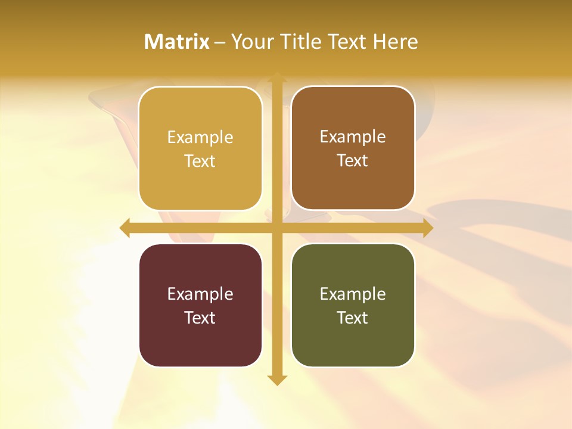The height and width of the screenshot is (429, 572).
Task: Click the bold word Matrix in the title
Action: (177, 42)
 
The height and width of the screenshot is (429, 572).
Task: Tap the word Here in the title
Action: (396, 42)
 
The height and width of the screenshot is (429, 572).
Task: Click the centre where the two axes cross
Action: (276, 228)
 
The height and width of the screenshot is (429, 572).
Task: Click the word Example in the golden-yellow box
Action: (200, 138)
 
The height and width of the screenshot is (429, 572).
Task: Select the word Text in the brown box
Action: (353, 161)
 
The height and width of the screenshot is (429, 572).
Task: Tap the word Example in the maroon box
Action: (200, 294)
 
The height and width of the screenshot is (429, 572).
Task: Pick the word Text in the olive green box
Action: (353, 318)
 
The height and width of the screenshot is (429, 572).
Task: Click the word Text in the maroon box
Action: (200, 318)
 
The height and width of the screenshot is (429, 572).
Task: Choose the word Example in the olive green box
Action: (353, 294)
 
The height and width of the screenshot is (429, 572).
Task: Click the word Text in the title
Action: (348, 42)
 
